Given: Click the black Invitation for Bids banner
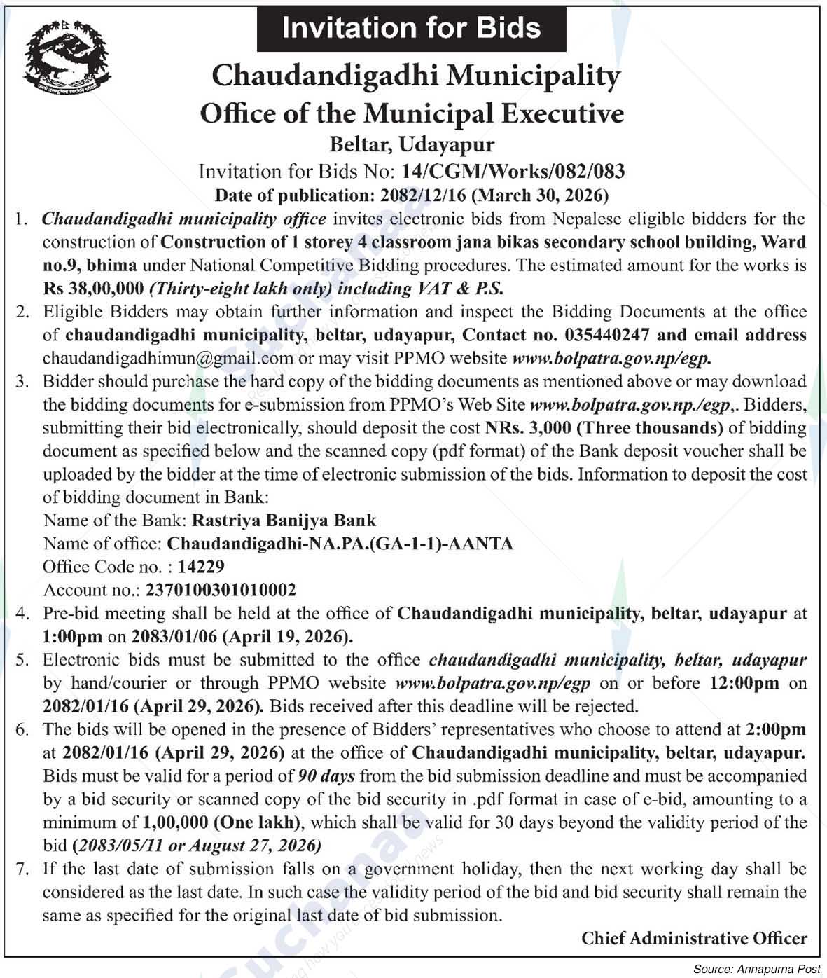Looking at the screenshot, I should (x=411, y=28).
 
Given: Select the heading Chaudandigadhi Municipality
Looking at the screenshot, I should (x=416, y=76).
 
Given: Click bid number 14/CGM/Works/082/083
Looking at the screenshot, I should (x=513, y=171).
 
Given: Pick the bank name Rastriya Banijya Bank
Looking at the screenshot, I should (x=284, y=521).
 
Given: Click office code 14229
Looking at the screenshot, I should (x=201, y=567).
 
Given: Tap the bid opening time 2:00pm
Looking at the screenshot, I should (x=776, y=729).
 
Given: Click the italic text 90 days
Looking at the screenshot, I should (x=326, y=776).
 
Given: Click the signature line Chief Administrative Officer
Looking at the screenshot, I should (x=694, y=938).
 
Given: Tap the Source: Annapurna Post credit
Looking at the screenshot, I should (x=756, y=969).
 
